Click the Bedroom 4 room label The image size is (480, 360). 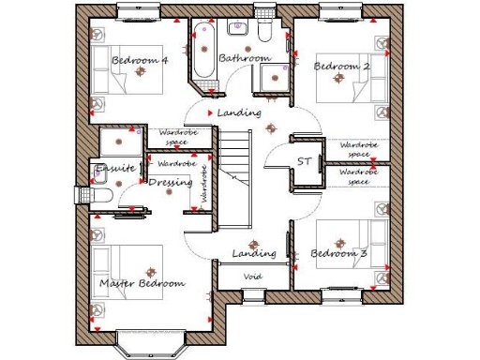click(140, 61)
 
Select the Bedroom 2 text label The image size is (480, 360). click(341, 67)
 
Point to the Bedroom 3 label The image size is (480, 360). click(338, 254)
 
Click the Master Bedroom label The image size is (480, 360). click(142, 283)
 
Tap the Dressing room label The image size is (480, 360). click(171, 183)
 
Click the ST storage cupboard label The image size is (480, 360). click(304, 162)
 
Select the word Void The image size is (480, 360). click(252, 277)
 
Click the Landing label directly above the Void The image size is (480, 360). click(254, 253)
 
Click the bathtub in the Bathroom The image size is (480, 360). click(205, 48)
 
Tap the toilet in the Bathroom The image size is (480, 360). click(267, 32)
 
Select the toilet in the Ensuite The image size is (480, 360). click(99, 194)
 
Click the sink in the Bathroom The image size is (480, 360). click(274, 78)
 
